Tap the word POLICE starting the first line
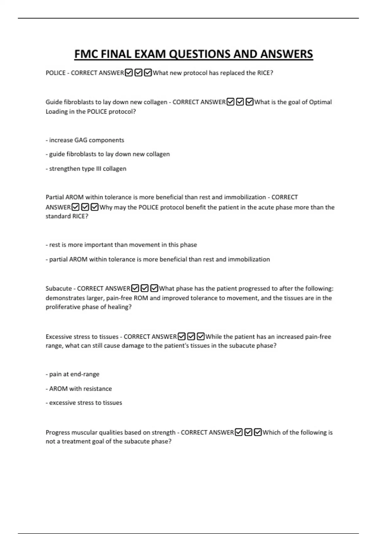[x=56, y=73]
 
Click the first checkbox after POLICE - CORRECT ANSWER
[x=128, y=73]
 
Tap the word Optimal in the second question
[x=320, y=102]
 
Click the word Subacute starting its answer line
[x=59, y=288]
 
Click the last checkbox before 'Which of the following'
[x=258, y=433]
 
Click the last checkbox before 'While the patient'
[x=200, y=337]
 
